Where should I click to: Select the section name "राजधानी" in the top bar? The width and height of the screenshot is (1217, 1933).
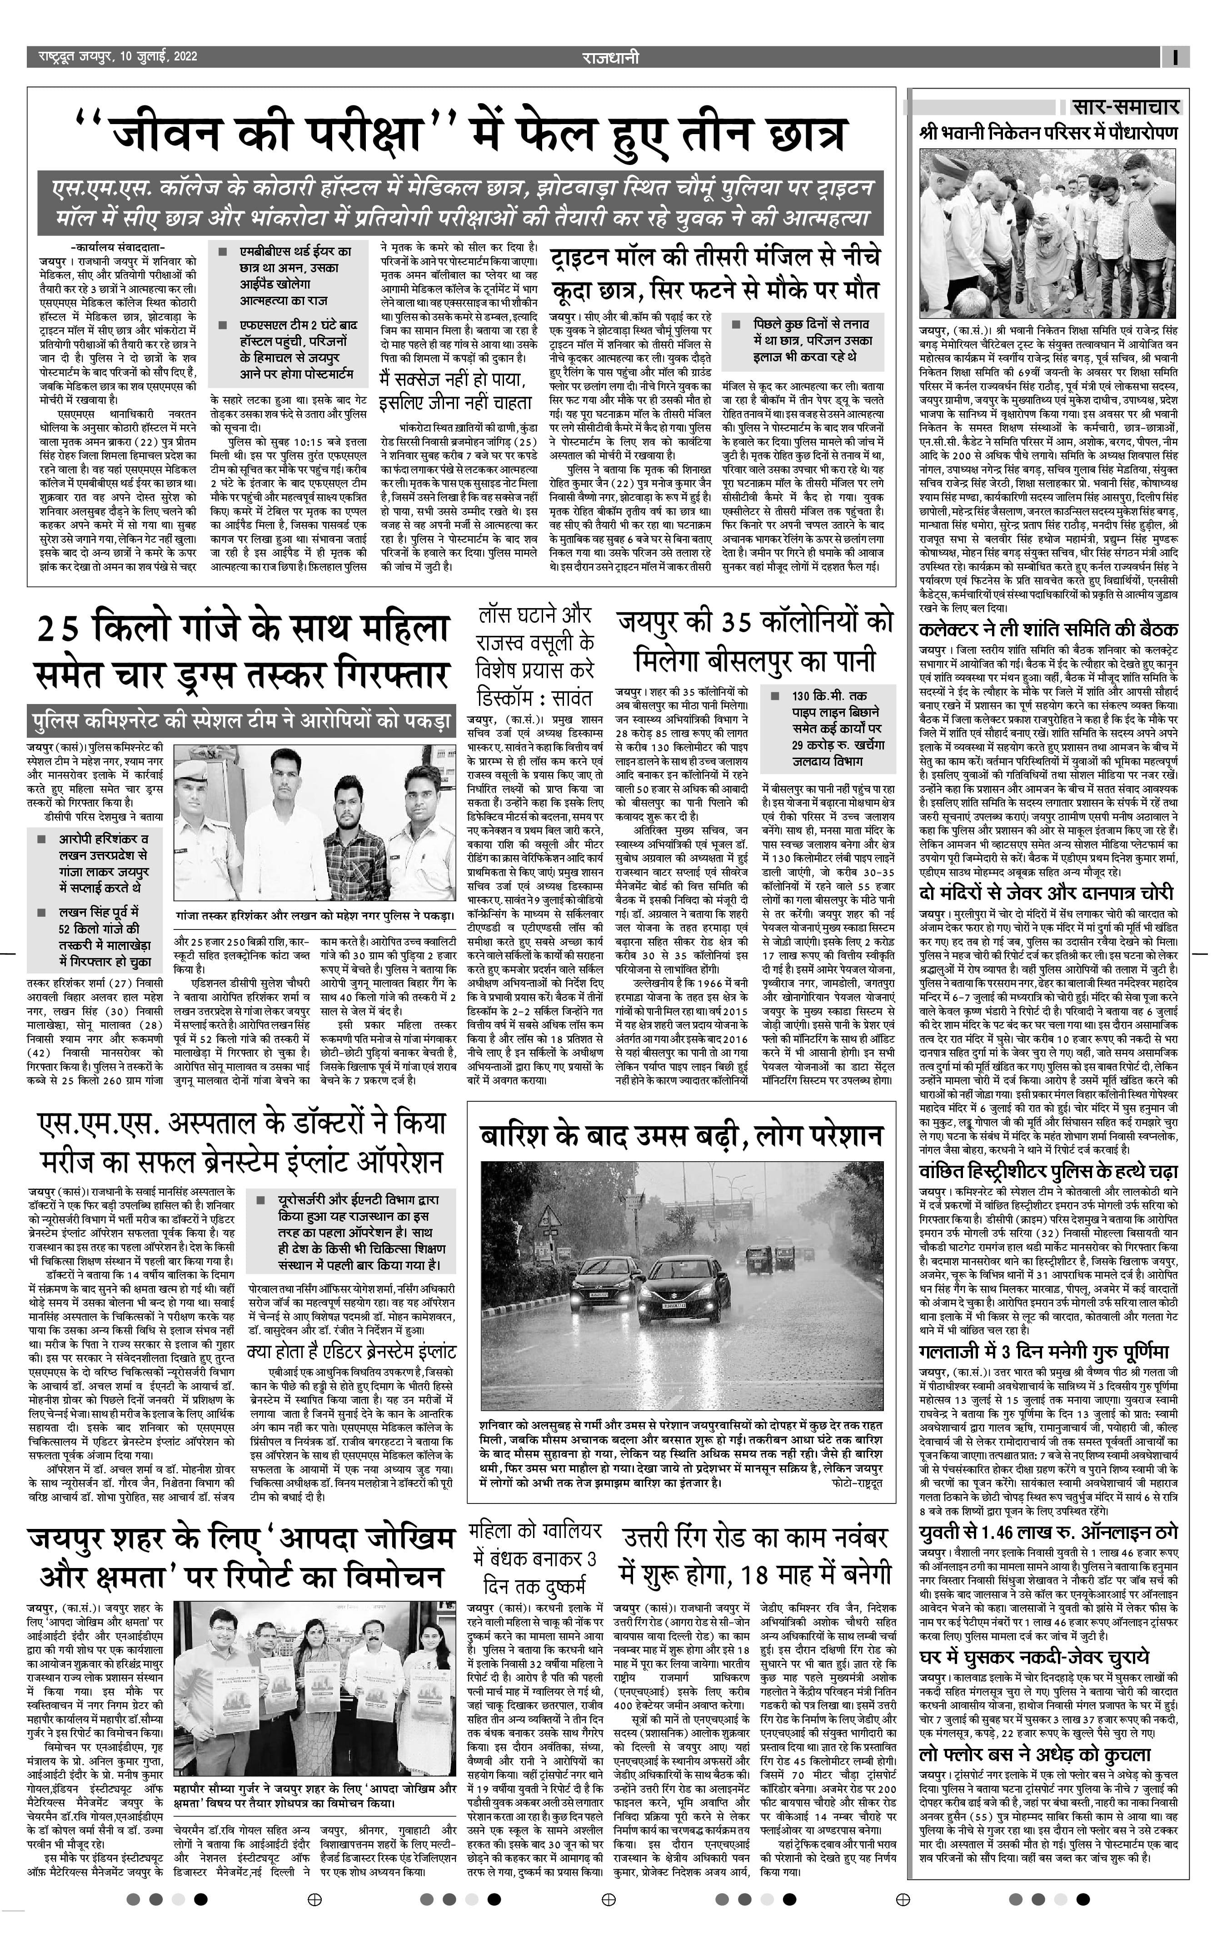(x=611, y=57)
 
